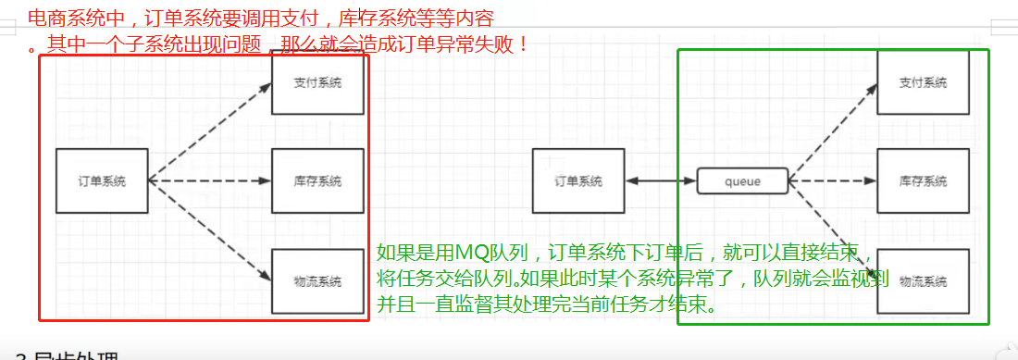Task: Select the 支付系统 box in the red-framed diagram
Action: (317, 83)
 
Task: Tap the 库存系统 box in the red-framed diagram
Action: (317, 180)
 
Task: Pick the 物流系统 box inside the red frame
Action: (317, 280)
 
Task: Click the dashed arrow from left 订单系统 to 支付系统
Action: (210, 131)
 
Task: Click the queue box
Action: (742, 181)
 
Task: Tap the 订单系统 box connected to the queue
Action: (578, 181)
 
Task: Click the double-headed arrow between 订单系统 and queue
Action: (661, 181)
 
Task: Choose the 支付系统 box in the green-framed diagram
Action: (923, 83)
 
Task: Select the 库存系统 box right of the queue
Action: (923, 181)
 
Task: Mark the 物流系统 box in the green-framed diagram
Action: (923, 280)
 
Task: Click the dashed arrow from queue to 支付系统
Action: (833, 130)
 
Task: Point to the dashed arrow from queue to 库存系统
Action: (832, 181)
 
